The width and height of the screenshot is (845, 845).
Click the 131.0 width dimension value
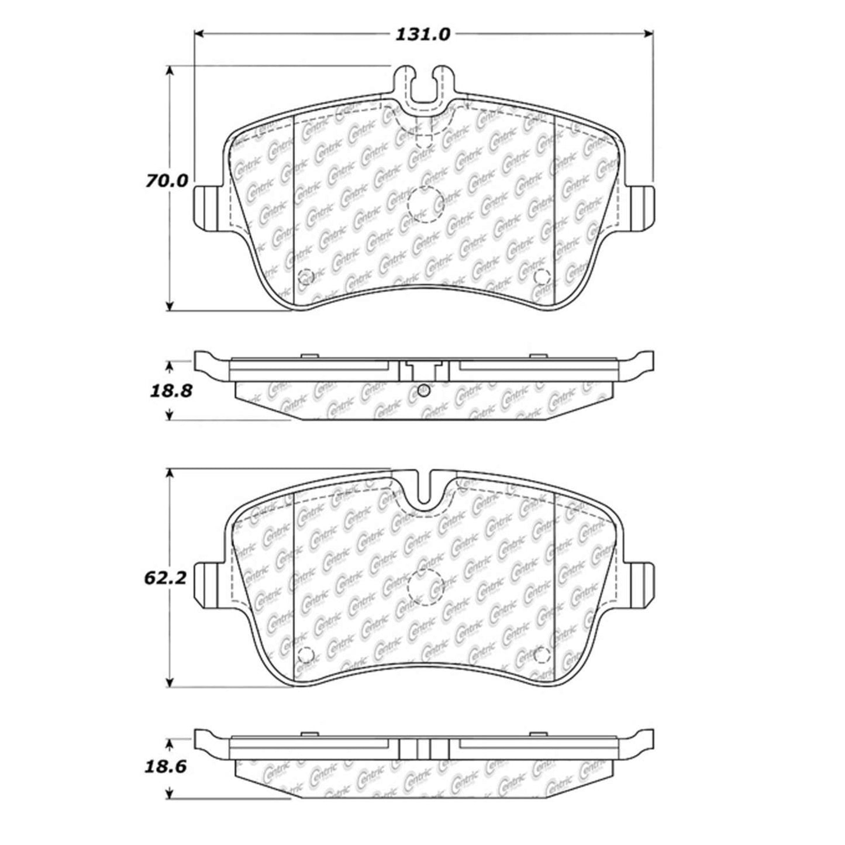pyautogui.click(x=423, y=35)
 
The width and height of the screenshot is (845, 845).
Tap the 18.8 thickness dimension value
pyautogui.click(x=171, y=391)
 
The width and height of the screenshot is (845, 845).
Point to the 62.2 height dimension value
pyautogui.click(x=165, y=578)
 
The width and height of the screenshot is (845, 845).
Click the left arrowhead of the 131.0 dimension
pyautogui.click(x=199, y=34)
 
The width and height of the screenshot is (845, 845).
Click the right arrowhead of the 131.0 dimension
pyautogui.click(x=648, y=34)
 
